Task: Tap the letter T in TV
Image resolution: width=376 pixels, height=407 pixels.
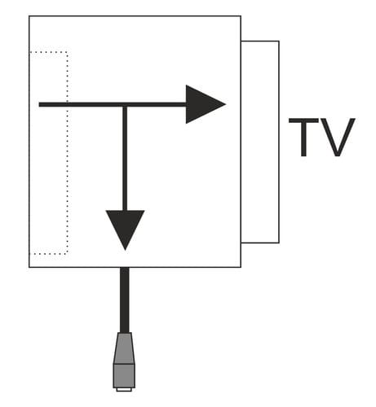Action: (x=303, y=138)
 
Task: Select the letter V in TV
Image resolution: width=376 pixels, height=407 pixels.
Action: (x=338, y=138)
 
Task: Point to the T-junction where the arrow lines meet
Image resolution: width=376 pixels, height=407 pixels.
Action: (x=125, y=104)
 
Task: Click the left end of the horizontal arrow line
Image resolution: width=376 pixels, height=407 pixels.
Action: (x=39, y=104)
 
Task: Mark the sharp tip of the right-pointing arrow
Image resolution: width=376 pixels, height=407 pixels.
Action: (x=226, y=104)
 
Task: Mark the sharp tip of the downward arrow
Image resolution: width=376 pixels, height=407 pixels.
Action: (x=125, y=250)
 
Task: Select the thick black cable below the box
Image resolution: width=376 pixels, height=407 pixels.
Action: (x=125, y=300)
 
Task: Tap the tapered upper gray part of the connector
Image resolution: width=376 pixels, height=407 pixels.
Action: (x=124, y=348)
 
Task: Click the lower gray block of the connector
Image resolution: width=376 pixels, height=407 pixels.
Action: (x=124, y=376)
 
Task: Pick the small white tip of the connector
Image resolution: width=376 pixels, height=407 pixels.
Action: (x=124, y=390)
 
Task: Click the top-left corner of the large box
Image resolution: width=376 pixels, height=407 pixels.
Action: (x=29, y=16)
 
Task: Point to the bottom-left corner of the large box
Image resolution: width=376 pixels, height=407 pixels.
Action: (x=29, y=267)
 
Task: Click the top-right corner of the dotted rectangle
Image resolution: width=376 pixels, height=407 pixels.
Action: (x=68, y=51)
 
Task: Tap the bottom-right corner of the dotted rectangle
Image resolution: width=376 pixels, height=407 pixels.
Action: (x=68, y=254)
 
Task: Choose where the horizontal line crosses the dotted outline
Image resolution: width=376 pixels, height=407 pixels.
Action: (x=68, y=104)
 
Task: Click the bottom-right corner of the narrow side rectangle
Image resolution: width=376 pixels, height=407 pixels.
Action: (x=279, y=243)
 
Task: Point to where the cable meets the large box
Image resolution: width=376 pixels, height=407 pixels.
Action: (x=125, y=268)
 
